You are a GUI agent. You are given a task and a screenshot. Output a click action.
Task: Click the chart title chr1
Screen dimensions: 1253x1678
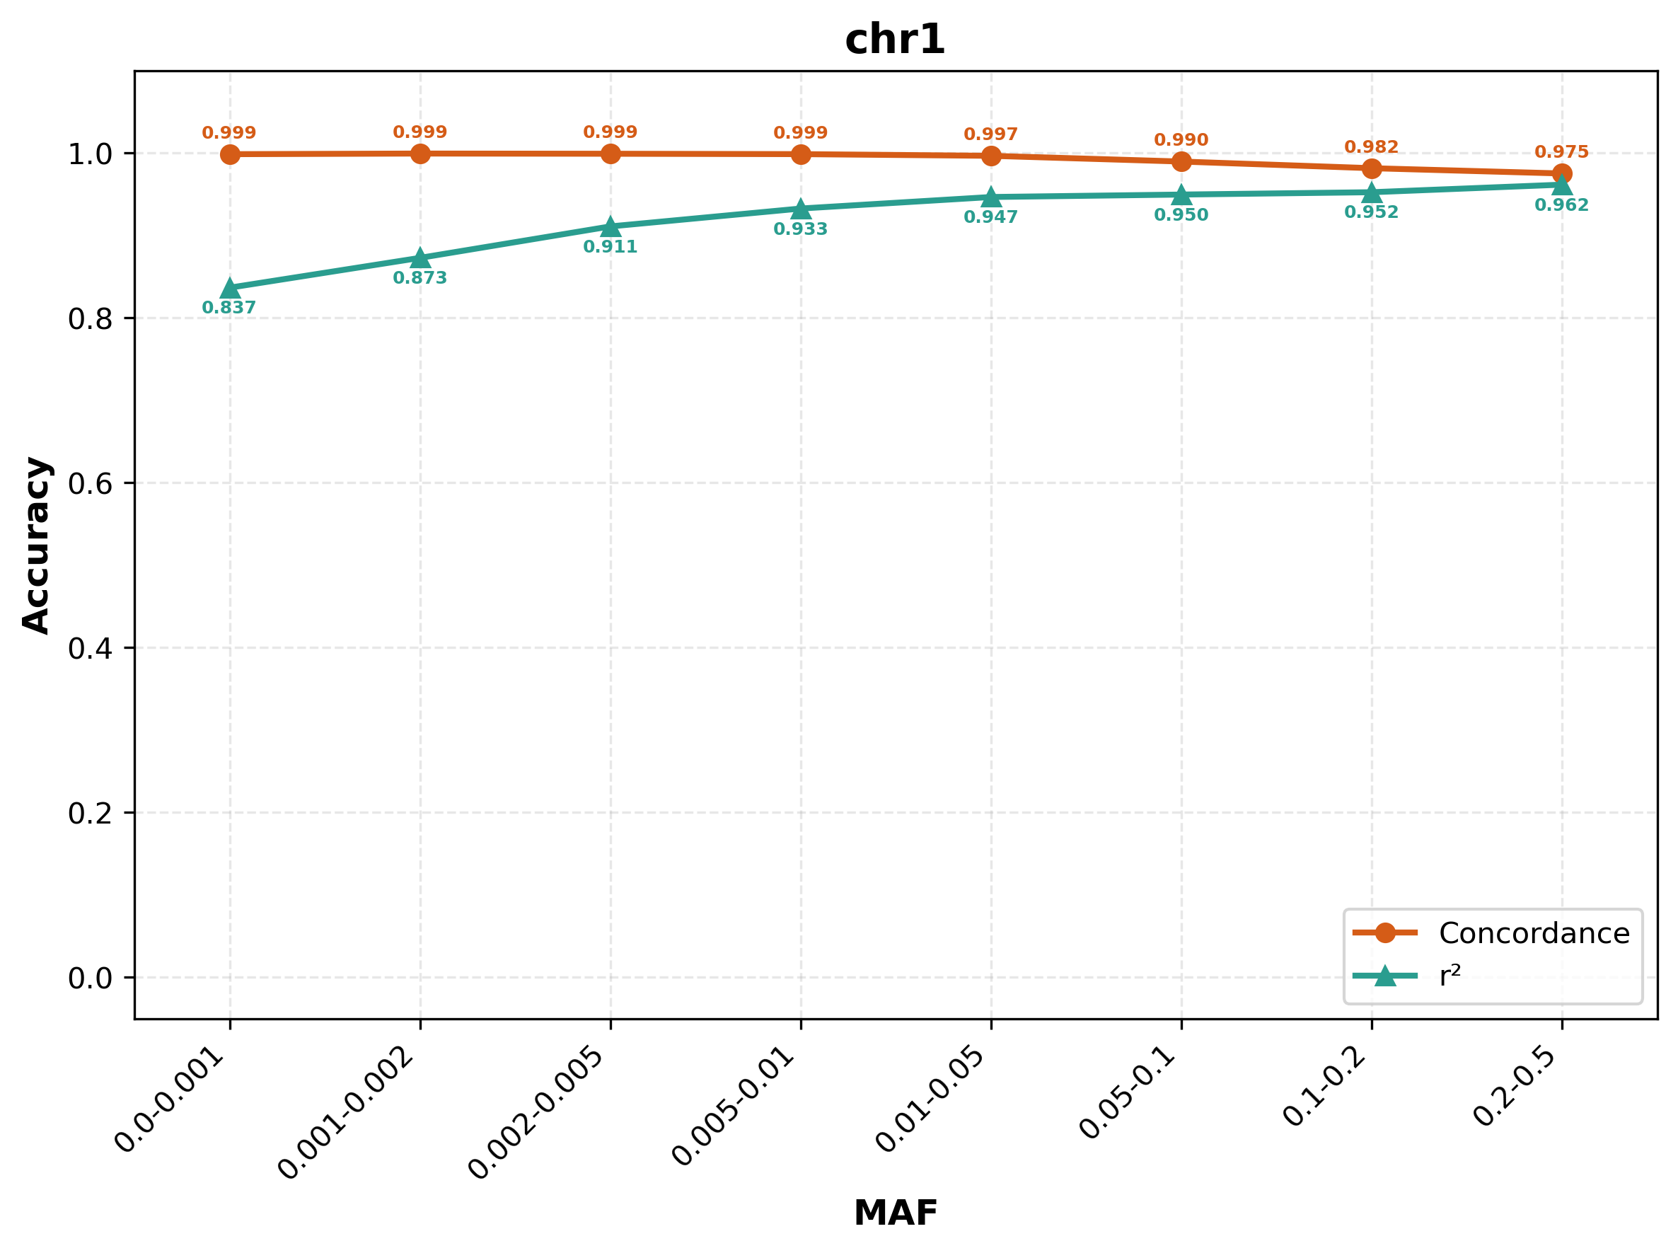click(895, 40)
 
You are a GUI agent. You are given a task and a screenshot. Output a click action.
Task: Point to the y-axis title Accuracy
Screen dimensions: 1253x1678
click(36, 545)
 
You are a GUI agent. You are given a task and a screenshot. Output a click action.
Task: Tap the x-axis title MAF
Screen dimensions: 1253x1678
click(896, 1213)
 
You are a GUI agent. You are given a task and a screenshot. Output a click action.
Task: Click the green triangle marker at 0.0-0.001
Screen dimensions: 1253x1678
click(230, 288)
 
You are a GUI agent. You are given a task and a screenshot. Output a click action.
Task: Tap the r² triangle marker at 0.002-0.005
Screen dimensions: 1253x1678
click(611, 227)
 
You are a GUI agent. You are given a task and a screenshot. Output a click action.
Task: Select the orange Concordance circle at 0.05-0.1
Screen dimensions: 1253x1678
click(1181, 161)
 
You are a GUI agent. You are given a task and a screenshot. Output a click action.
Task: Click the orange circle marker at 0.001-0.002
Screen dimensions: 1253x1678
click(420, 154)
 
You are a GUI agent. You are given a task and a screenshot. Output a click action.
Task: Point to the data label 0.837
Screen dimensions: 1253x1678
click(229, 308)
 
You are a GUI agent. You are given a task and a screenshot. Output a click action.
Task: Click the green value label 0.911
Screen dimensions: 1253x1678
click(611, 247)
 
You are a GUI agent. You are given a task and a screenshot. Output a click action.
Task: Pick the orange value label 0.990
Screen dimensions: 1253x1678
click(1181, 140)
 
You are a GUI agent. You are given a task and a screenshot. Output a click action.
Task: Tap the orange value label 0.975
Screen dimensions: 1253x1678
click(1562, 152)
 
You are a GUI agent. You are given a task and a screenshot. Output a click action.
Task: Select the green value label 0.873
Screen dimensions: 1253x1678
click(420, 278)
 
